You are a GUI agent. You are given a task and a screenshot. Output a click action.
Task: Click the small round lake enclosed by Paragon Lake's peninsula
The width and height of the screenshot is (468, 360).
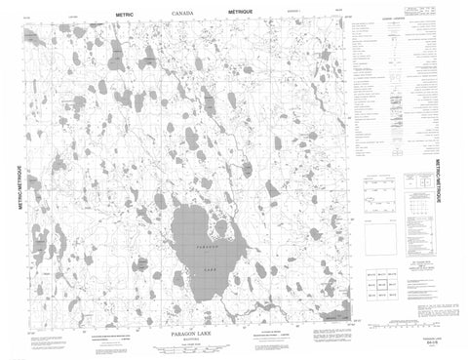pos(220,230)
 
